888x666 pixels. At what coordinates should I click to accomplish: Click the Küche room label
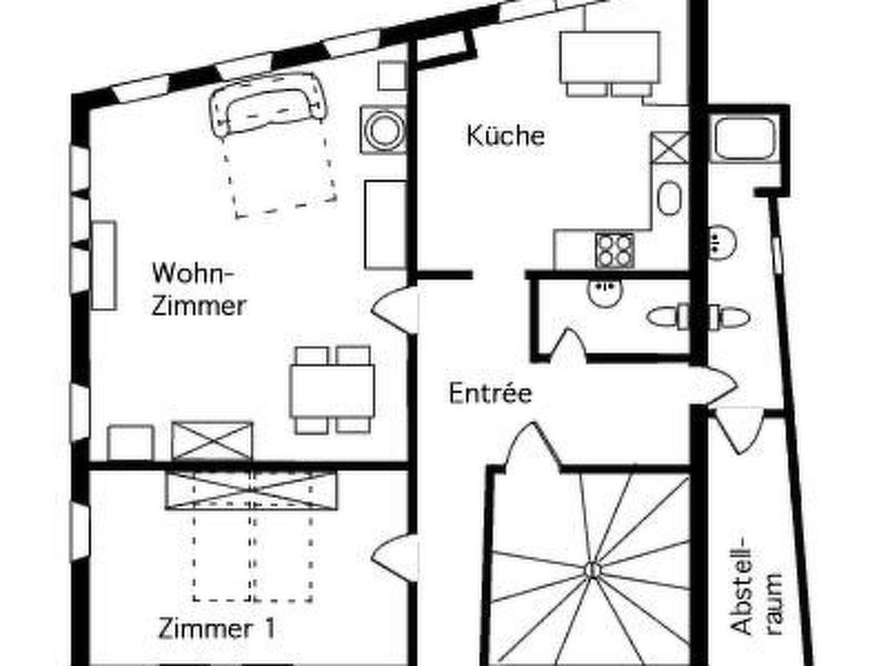tap(505, 135)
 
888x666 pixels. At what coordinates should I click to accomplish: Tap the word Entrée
tap(490, 393)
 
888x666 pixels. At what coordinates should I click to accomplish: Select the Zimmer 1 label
tap(216, 629)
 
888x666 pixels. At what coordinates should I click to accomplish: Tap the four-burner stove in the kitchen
tap(615, 250)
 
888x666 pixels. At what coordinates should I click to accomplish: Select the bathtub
tap(745, 138)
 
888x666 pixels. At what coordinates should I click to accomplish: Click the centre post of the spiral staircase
tap(591, 570)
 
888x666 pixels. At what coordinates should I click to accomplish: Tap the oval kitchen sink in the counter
tap(670, 198)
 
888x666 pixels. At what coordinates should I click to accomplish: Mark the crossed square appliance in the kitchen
tap(669, 147)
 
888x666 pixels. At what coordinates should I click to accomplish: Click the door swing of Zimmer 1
tap(391, 555)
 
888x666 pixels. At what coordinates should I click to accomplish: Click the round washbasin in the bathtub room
tap(722, 241)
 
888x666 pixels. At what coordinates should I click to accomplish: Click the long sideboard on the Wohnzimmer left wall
tap(104, 265)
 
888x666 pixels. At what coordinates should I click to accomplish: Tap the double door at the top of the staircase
tap(533, 447)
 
